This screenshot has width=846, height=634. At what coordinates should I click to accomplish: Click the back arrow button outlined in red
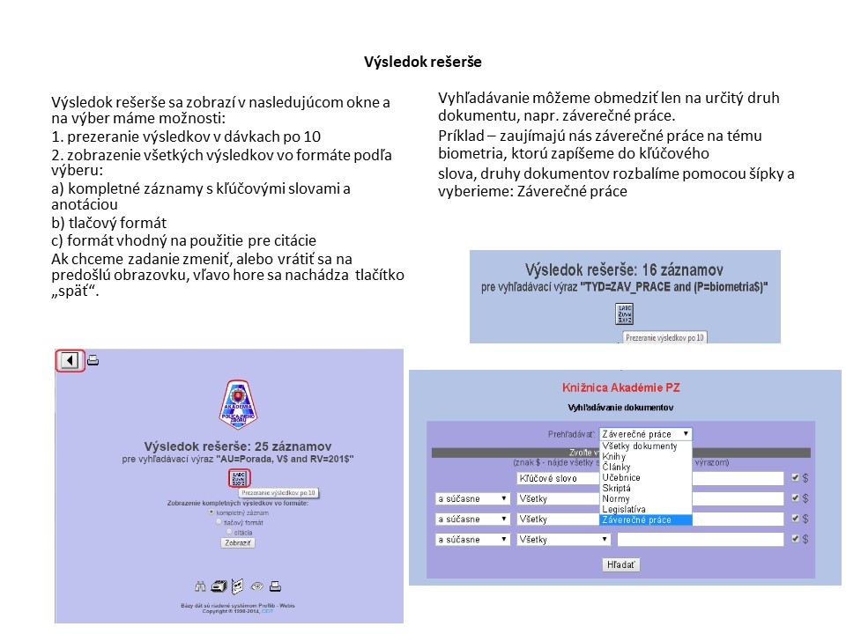(x=70, y=360)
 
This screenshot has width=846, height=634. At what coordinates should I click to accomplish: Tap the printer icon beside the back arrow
(x=93, y=360)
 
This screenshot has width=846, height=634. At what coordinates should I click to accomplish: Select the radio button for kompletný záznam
(x=211, y=512)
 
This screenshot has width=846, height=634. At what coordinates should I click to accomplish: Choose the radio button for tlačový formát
(x=219, y=521)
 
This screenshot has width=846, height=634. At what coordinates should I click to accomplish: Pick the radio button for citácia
(x=229, y=531)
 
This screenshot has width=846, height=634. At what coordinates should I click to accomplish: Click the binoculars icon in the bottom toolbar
(x=200, y=586)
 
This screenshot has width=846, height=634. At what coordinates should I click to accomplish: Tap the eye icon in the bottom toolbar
(x=257, y=586)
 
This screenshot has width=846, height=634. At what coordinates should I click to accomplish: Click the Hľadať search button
(x=621, y=564)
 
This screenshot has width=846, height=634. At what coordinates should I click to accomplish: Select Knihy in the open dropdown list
(x=613, y=457)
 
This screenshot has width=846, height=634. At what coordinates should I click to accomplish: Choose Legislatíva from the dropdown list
(x=623, y=509)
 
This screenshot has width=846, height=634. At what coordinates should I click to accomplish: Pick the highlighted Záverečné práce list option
(x=636, y=520)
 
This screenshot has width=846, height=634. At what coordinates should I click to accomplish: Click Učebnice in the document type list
(x=620, y=477)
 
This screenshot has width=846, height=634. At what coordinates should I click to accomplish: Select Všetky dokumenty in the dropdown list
(x=639, y=446)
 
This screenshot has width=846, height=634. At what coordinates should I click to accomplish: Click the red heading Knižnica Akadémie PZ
(x=620, y=387)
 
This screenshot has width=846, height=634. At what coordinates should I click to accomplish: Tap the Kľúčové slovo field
(x=555, y=478)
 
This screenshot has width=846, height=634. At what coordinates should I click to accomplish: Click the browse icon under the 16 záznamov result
(x=625, y=313)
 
